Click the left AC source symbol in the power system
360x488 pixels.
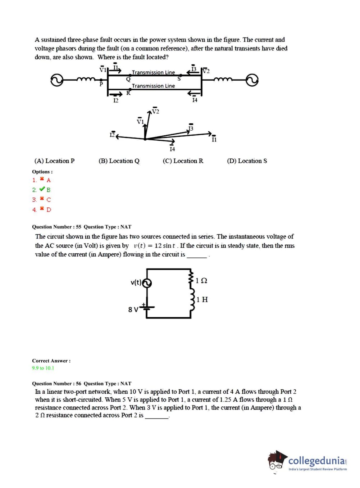tap(57, 80)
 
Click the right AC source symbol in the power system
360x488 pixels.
tap(252, 80)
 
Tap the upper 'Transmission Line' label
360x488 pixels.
tap(153, 72)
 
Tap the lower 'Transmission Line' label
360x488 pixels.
tap(153, 86)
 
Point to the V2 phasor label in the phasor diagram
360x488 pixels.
tap(155, 111)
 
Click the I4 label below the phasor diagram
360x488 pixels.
tap(172, 149)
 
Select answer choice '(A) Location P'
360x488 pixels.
tap(54, 161)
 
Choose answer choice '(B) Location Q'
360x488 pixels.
tap(119, 161)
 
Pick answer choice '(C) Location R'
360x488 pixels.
tap(183, 161)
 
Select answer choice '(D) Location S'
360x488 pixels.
tap(247, 161)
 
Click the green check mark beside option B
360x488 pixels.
tap(42, 189)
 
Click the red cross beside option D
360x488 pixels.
tap(42, 209)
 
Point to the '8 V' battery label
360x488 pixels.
tap(133, 309)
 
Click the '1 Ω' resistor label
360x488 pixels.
tap(201, 280)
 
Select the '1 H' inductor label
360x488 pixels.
tap(202, 299)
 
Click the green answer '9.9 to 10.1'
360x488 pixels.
tap(43, 368)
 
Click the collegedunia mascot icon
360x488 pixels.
tap(277, 461)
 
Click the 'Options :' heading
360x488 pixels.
tap(42, 172)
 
